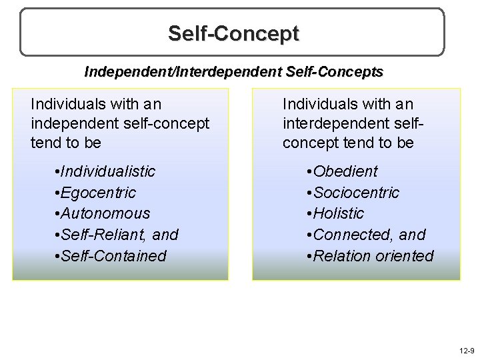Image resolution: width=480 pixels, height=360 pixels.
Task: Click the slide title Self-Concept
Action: pos(233,33)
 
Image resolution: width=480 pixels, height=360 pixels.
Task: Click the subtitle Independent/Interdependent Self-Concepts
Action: pos(233,71)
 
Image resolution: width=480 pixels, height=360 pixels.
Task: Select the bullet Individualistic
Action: pos(107,171)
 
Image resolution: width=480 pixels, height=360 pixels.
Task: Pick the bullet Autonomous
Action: pos(105,213)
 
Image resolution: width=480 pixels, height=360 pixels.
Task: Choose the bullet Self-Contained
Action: pos(112,256)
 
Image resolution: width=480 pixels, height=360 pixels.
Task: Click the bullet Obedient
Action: pos(345,171)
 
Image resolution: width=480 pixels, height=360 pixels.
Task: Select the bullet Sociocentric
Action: pos(356,193)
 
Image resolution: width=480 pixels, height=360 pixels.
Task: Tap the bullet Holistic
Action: pos(338,213)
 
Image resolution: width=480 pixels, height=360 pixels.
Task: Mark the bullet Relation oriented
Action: pos(373,256)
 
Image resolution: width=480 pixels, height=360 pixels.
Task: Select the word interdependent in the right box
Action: pos(327,123)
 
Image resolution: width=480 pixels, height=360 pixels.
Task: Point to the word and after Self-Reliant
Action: pos(166,235)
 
